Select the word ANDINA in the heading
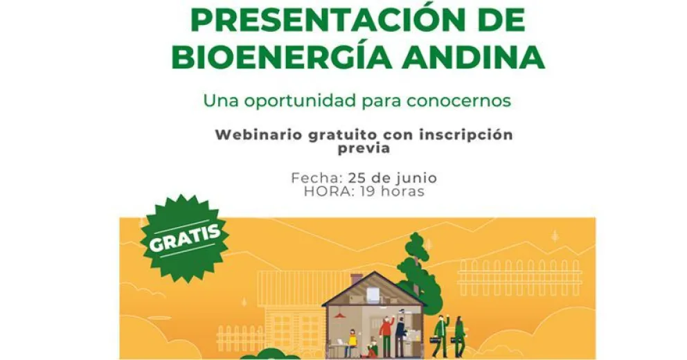479,59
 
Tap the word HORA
328,191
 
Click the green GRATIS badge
185,237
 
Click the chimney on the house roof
357,278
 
